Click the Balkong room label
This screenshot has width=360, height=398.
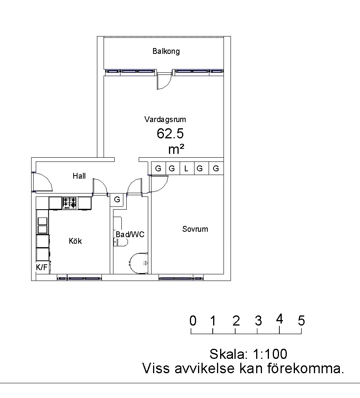[166, 51]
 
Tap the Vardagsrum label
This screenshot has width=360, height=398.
[165, 119]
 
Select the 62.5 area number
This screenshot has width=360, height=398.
[170, 134]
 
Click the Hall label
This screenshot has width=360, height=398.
[79, 176]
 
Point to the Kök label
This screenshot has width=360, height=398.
[76, 241]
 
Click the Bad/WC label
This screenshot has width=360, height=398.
[130, 234]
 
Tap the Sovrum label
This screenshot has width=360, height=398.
[195, 229]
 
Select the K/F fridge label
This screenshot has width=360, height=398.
[41, 267]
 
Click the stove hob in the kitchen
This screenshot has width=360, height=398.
[70, 203]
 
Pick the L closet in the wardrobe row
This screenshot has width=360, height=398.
[186, 168]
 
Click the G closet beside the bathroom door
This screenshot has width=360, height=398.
[117, 200]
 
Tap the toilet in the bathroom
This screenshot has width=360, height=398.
[139, 263]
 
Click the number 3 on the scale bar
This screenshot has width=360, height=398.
[258, 321]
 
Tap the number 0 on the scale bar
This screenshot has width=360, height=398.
[193, 321]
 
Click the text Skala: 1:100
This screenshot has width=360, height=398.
[248, 354]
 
